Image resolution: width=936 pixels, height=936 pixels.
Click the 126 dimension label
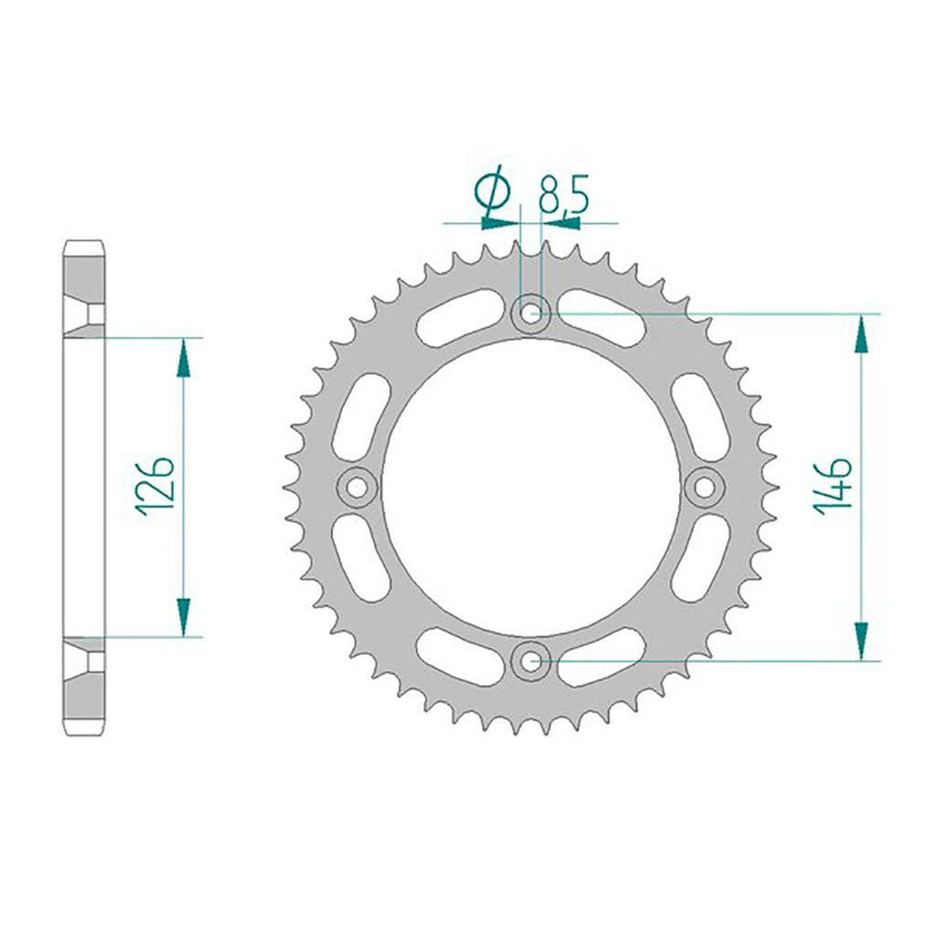point(154,486)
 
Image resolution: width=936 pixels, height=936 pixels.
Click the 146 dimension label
point(832,486)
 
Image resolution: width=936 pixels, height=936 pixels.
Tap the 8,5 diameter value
point(563,194)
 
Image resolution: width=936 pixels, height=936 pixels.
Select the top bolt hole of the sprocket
point(530,313)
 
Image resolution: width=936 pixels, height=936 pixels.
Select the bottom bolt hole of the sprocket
point(530,661)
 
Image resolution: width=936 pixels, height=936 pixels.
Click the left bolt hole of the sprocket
point(356,488)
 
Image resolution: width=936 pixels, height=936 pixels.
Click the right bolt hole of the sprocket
point(705,488)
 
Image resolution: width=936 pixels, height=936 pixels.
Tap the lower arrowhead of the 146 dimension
point(861,640)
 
